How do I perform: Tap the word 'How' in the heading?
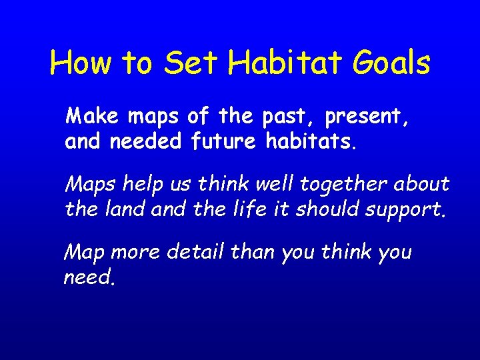tap(80, 63)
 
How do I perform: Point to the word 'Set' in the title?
tap(192, 63)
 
